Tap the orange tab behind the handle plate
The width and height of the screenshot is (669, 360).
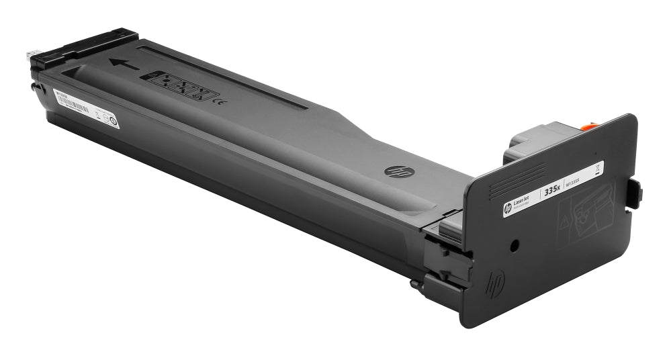(588, 124)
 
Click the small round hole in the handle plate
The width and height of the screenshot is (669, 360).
(514, 246)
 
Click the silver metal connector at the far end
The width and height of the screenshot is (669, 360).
(32, 53)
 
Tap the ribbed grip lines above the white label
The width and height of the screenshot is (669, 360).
(518, 182)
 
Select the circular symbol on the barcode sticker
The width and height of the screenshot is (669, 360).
(113, 122)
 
